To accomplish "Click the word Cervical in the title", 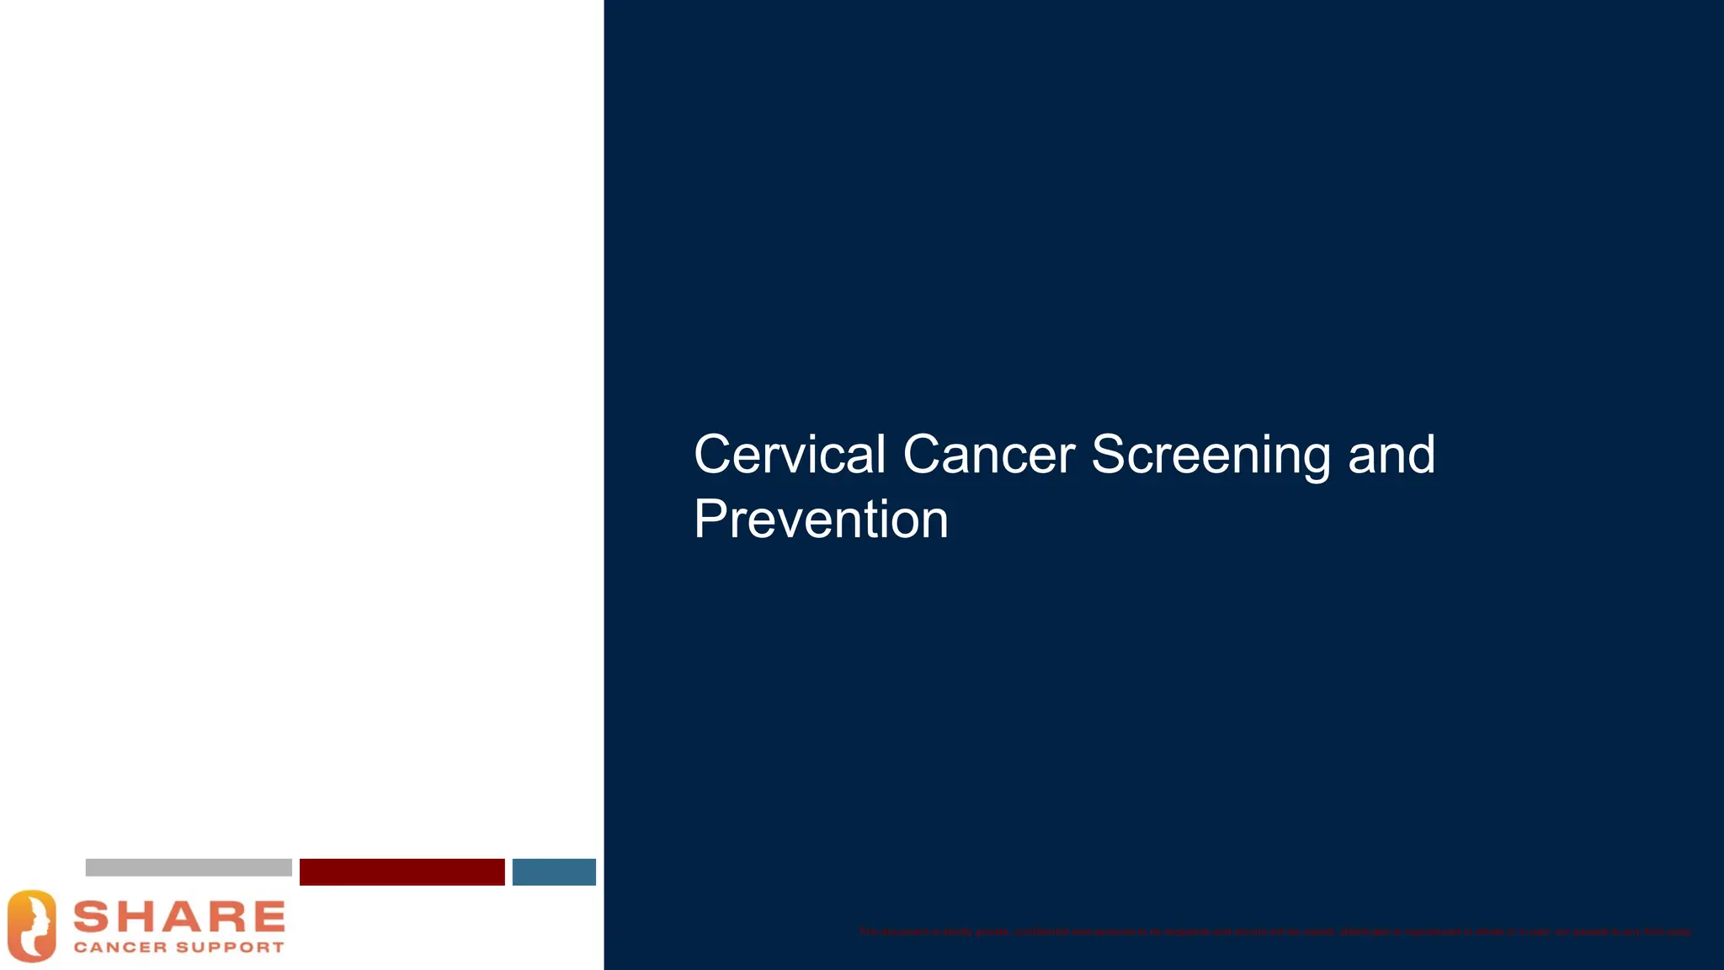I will (789, 455).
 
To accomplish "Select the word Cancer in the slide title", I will (988, 455).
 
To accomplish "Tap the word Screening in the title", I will (1211, 456).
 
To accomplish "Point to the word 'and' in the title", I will (1391, 455).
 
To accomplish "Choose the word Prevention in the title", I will (821, 520).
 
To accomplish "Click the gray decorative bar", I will (189, 867).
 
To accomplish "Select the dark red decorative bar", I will (402, 871).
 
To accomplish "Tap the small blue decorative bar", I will (554, 871).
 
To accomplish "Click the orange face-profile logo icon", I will (32, 925).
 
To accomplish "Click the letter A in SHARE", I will (179, 917).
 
